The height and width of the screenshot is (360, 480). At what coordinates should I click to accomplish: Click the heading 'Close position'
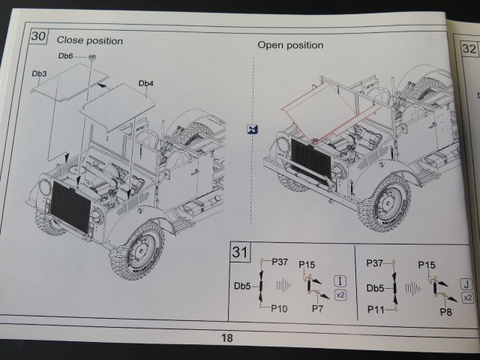coord(89,40)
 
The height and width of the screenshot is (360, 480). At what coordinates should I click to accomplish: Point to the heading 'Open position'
coord(290,45)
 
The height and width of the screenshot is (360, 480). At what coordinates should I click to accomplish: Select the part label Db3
coord(40,73)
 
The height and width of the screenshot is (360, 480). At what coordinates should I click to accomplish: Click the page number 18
coord(226,338)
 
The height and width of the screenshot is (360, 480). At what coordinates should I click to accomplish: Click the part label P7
coord(317,308)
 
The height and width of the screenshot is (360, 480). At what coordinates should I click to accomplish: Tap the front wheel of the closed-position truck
coord(139,249)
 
